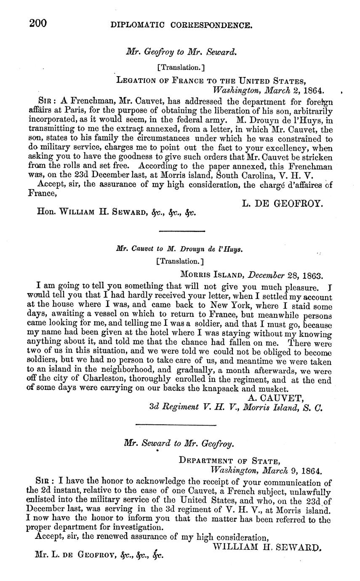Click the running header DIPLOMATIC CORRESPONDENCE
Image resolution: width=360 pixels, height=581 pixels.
coord(181,26)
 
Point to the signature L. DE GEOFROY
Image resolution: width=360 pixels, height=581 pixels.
coord(283,203)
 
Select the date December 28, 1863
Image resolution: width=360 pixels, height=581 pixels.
coord(285,276)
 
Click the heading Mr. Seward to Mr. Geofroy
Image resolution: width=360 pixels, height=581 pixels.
coord(179,443)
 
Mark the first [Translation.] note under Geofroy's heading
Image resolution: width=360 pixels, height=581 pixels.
coord(180,67)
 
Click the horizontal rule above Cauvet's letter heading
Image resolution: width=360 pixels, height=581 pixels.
coord(182,231)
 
